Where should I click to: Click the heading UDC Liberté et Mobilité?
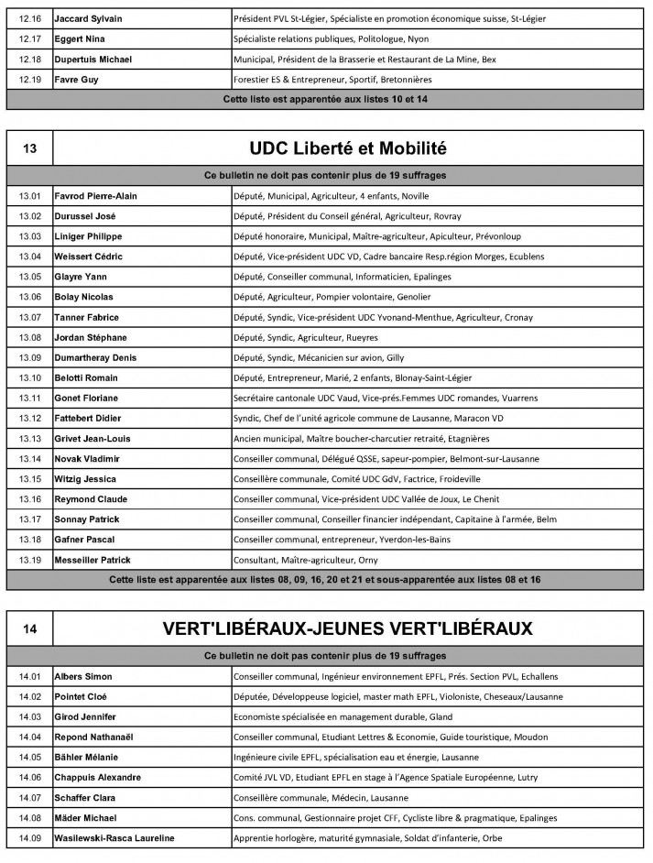coord(349,149)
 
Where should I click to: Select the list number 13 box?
coord(29,149)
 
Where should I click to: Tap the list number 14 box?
coord(29,629)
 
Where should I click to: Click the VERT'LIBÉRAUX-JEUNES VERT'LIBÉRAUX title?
coord(349,629)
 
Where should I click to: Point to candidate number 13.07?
coord(29,317)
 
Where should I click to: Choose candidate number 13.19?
coord(29,560)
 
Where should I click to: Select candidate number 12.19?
coord(29,80)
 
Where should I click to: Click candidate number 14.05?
coord(29,757)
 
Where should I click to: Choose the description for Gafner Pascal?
coord(353,540)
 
